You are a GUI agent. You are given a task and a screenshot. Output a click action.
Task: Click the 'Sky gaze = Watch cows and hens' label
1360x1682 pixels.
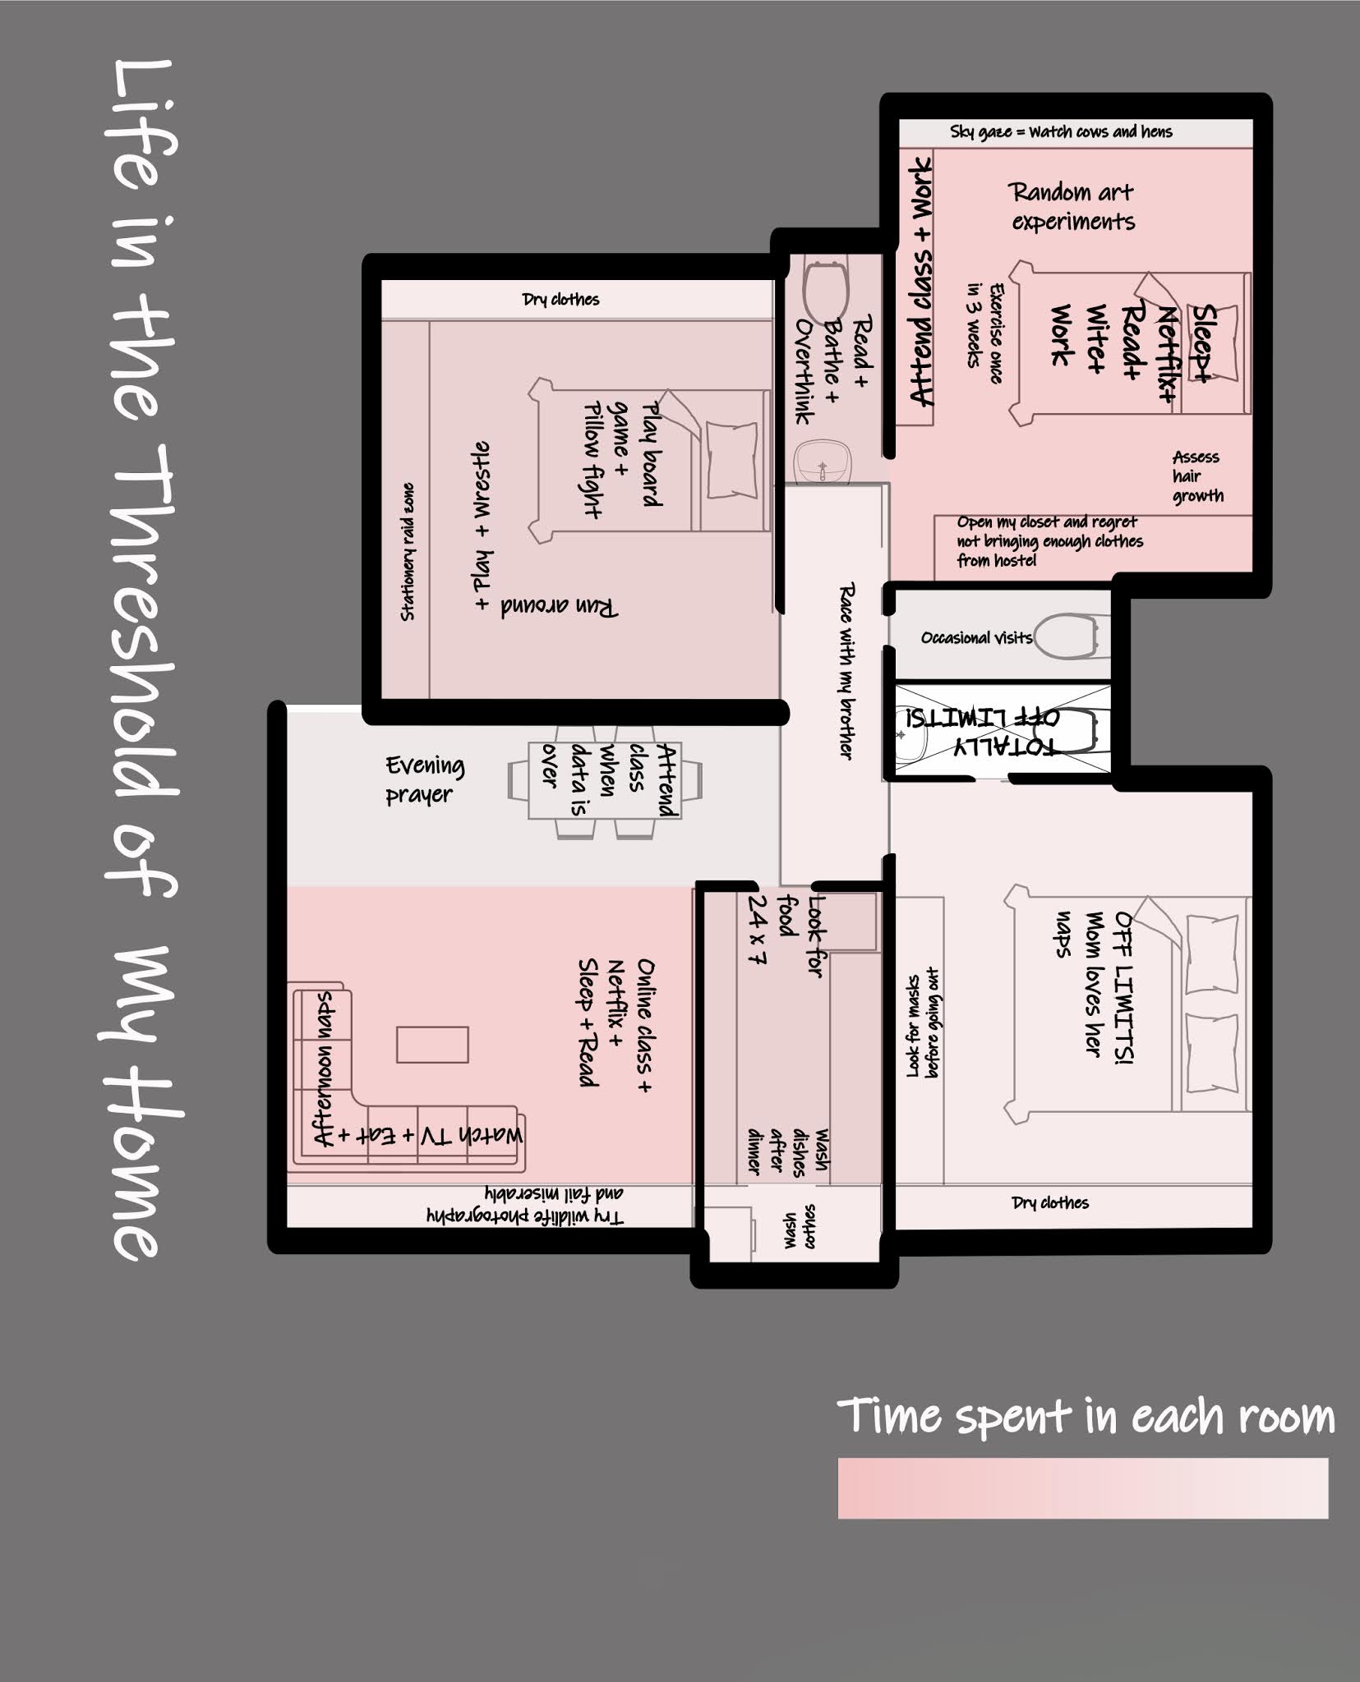(1061, 131)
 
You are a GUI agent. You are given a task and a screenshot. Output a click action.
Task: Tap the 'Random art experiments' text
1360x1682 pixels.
(1072, 207)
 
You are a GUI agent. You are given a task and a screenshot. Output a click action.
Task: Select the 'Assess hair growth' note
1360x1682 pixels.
(1197, 476)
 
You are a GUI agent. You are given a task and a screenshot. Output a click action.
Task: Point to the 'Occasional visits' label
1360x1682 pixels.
(976, 637)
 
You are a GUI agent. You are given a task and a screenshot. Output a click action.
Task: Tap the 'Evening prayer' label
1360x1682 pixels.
(425, 780)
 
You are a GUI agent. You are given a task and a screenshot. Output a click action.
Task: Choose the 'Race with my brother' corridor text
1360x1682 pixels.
(846, 670)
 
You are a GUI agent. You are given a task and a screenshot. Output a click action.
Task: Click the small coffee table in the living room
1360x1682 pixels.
(432, 1045)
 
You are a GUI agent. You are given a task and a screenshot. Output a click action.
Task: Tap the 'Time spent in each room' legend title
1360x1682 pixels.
(1085, 1415)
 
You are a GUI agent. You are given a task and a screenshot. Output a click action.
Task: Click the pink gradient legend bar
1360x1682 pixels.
(1082, 1488)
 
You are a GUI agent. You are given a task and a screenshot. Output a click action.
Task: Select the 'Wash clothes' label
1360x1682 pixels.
(800, 1227)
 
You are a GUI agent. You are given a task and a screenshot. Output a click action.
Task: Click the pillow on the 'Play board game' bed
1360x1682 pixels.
(731, 459)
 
